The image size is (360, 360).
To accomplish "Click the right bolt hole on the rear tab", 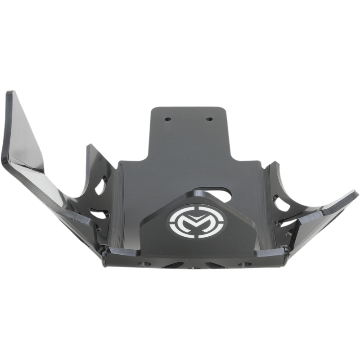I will (209, 120).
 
